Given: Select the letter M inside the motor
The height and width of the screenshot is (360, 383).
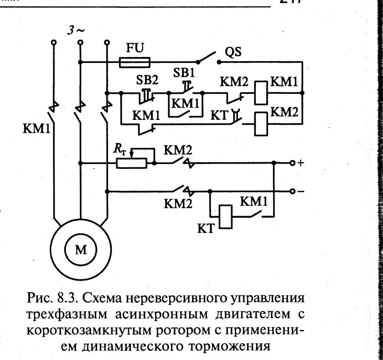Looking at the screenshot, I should tap(80, 249).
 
